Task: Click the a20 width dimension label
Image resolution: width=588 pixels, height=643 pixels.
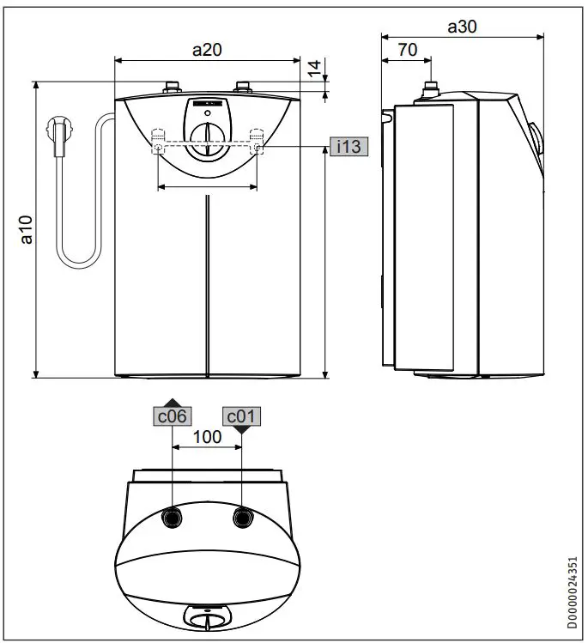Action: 207,50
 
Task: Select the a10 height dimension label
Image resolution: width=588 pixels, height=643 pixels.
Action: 26,229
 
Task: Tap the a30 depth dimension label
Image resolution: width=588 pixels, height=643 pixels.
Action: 464,27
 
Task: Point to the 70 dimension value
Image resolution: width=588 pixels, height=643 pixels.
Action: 407,50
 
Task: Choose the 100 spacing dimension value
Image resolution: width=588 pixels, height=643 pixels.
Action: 207,436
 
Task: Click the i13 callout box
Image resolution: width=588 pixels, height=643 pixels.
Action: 349,147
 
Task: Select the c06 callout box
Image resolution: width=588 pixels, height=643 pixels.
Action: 171,416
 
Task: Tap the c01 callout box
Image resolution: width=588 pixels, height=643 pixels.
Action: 241,416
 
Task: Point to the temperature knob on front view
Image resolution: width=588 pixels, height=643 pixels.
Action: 207,137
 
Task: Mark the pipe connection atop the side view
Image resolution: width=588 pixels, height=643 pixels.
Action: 430,89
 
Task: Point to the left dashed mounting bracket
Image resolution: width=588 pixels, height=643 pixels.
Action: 159,141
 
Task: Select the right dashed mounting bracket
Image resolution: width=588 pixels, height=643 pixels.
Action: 256,141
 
